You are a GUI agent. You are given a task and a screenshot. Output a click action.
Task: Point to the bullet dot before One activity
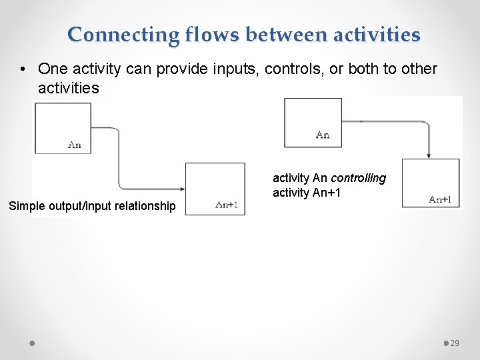(x=23, y=69)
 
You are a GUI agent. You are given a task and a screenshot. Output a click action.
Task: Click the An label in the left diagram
(x=75, y=145)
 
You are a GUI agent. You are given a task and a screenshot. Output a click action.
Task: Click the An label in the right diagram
(x=323, y=135)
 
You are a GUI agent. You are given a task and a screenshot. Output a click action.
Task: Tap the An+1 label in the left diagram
(x=227, y=205)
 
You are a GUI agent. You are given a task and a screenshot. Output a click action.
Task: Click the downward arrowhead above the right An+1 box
(x=428, y=154)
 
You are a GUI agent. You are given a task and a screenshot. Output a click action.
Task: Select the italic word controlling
(x=358, y=178)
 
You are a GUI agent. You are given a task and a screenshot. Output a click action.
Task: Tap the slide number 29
(x=455, y=343)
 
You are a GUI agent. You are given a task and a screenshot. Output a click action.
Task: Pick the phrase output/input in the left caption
(x=78, y=206)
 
